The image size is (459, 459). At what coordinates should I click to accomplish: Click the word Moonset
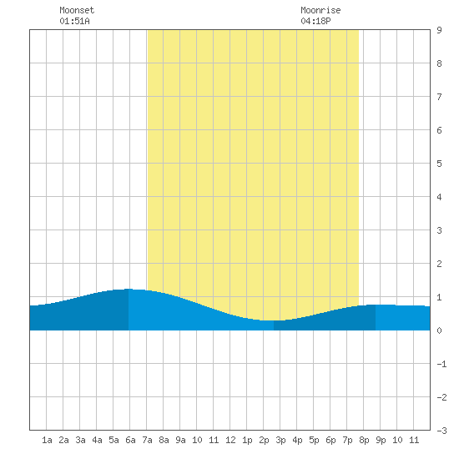point(77,10)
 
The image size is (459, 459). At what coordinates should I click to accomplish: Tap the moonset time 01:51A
point(74,21)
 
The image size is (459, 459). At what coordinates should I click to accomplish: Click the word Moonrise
point(320,10)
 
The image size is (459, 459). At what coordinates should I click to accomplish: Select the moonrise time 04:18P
point(315,21)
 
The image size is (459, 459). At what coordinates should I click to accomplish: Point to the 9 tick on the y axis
point(439,30)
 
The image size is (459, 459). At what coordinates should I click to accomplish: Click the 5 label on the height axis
point(439,164)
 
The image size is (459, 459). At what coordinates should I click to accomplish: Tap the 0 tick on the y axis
point(439,330)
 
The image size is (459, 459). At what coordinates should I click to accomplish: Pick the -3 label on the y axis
point(441,431)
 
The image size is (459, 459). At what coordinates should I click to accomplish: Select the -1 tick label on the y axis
point(441,364)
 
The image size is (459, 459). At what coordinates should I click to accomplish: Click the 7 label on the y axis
point(439,97)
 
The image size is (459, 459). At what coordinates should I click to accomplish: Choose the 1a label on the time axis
point(47,440)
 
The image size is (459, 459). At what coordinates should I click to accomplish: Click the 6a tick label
point(130,440)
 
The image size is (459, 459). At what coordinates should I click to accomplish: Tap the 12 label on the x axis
point(230,440)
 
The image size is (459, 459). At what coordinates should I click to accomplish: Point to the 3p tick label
point(280,440)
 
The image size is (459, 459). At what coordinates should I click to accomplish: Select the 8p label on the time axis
point(364,440)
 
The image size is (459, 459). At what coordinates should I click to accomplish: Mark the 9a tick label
point(180,440)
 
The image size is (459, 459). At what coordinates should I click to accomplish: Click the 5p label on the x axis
point(314,440)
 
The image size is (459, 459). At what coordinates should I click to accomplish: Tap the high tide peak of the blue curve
point(129,289)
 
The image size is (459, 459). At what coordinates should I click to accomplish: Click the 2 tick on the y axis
point(439,264)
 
